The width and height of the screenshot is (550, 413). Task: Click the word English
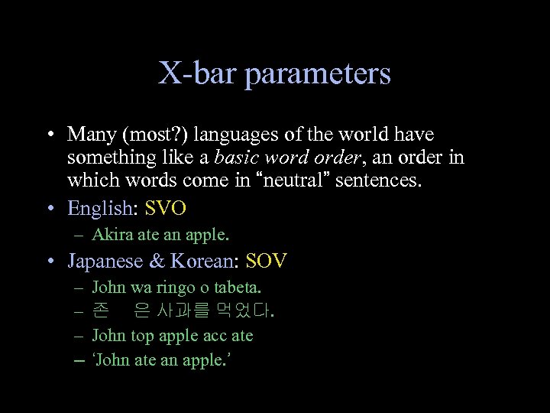click(99, 208)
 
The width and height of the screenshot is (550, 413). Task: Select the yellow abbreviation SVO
click(166, 208)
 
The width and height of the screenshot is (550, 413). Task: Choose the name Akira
click(108, 234)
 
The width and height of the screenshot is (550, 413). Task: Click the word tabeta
click(238, 288)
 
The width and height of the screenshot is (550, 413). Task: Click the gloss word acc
click(215, 336)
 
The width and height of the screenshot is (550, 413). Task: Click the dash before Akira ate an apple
click(79, 235)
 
